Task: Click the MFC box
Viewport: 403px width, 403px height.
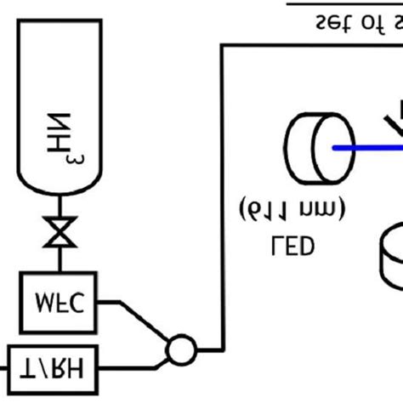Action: pyautogui.click(x=59, y=302)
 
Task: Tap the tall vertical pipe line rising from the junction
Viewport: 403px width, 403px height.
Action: pyautogui.click(x=223, y=196)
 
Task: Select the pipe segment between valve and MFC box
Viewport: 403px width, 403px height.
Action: pyautogui.click(x=59, y=263)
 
